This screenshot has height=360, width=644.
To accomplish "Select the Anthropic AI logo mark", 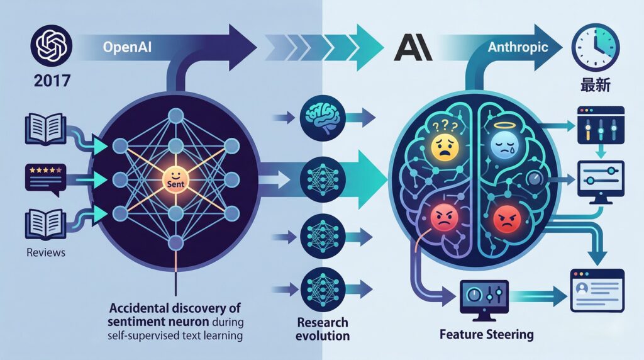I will [411, 48].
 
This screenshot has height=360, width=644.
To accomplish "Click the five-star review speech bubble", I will [44, 175].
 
